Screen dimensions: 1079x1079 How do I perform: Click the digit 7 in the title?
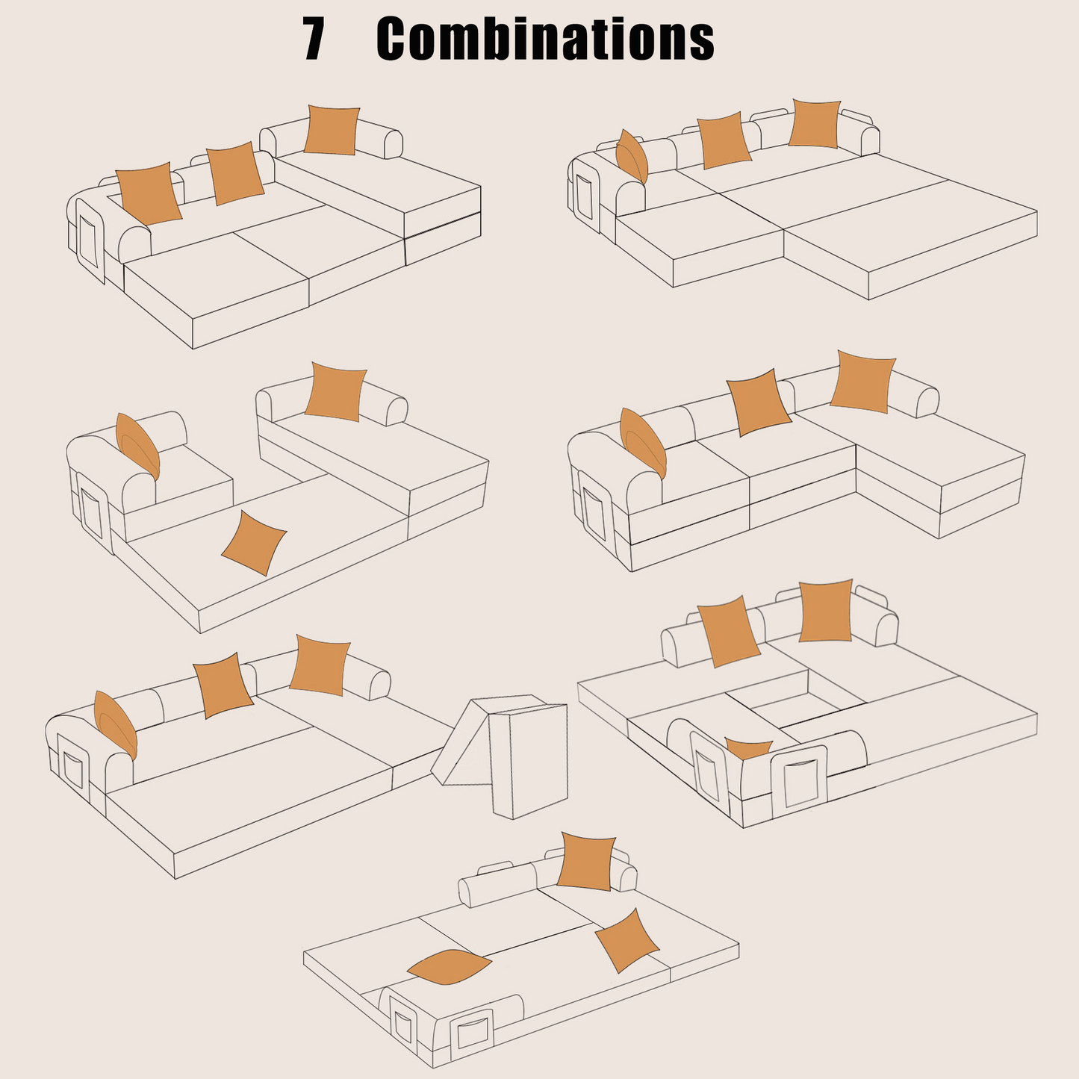(x=314, y=39)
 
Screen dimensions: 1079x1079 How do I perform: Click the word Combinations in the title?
(x=545, y=39)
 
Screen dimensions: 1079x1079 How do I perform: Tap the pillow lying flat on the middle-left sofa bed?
(x=254, y=543)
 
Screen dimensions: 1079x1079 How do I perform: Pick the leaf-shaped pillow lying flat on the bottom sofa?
(x=449, y=967)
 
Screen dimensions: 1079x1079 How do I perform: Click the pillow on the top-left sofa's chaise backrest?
(x=332, y=129)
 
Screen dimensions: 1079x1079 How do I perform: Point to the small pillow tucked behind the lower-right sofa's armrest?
(x=749, y=748)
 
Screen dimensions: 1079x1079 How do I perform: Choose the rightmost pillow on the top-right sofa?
(x=815, y=124)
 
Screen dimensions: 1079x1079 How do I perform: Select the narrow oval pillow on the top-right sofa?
(x=632, y=157)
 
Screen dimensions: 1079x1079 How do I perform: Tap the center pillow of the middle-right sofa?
(x=759, y=402)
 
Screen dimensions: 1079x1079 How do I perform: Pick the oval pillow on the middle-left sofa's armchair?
(x=137, y=447)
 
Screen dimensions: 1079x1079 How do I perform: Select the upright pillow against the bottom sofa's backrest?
(x=586, y=862)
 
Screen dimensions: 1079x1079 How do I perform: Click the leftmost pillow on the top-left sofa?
(x=149, y=193)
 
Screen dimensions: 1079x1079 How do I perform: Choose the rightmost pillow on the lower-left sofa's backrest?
(x=320, y=665)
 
